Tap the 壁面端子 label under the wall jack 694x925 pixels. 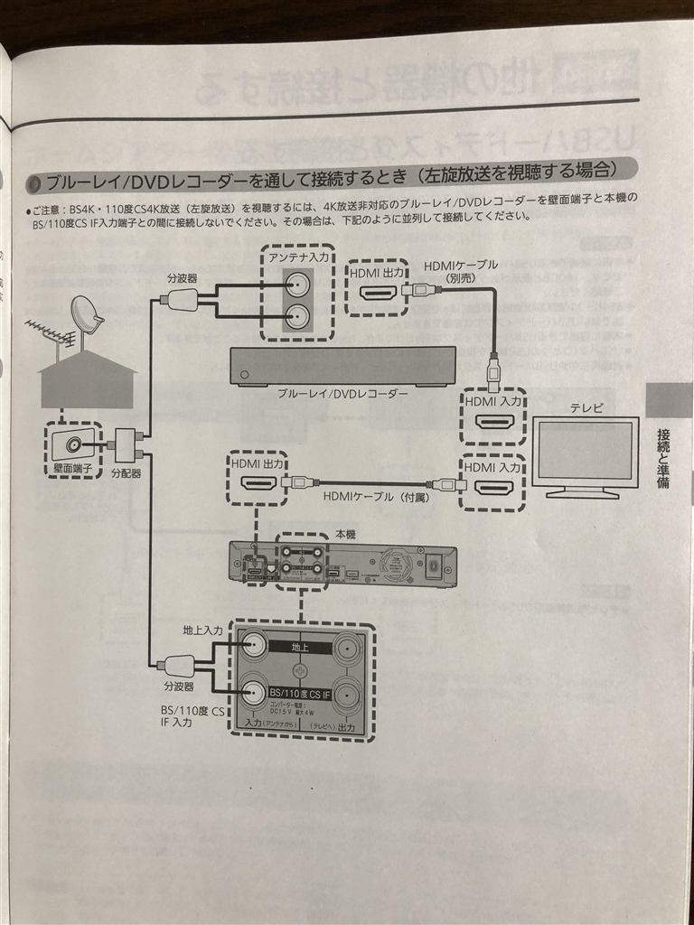pyautogui.click(x=73, y=468)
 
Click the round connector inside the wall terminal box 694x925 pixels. pyautogui.click(x=75, y=445)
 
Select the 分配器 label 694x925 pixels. pyautogui.click(x=126, y=472)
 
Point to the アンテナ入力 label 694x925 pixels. pyautogui.click(x=297, y=258)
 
